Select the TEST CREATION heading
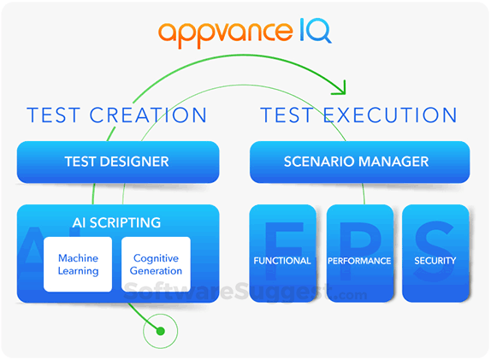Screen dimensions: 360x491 click(117, 115)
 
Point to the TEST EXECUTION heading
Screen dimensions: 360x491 click(358, 115)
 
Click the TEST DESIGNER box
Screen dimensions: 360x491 click(117, 161)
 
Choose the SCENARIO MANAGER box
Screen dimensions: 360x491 click(358, 161)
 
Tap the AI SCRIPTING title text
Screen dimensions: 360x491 click(117, 222)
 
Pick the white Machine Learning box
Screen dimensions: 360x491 click(78, 264)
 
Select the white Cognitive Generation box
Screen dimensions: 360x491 click(157, 264)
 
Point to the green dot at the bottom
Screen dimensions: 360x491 click(158, 328)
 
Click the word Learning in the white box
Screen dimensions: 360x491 click(78, 271)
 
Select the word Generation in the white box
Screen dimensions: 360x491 click(157, 271)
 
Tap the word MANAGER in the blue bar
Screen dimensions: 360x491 click(399, 161)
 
